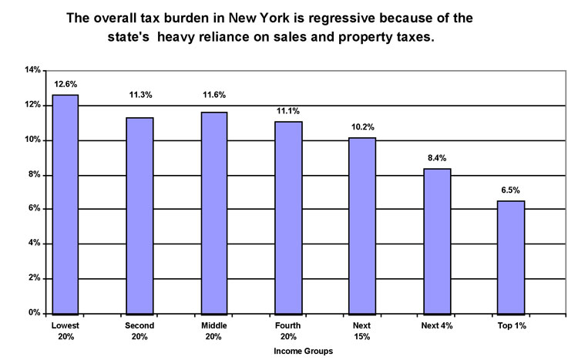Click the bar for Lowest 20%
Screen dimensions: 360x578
[66, 204]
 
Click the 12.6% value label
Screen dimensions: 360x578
[66, 83]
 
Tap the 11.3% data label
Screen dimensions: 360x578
[140, 96]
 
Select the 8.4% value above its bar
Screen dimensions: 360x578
[438, 157]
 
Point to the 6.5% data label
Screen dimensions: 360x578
[512, 190]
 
